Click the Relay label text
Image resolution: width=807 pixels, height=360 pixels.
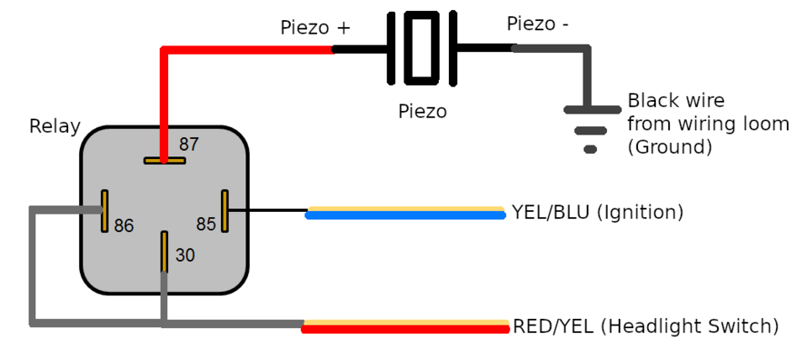55,127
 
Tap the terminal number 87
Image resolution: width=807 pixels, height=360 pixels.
189,145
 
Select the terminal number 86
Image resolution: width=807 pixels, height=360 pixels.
124,226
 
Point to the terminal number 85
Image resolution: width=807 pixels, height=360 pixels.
206,225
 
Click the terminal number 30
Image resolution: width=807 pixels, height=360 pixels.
185,255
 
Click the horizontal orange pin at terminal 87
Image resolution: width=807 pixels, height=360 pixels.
164,160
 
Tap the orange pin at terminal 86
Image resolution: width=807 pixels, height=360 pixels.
104,210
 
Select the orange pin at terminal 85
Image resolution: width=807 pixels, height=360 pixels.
224,210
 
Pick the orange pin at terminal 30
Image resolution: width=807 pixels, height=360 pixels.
164,251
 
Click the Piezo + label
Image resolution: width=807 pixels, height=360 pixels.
315,29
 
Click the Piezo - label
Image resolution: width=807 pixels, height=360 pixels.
538,24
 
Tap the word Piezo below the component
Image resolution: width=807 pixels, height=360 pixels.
422,111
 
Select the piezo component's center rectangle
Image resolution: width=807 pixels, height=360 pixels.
421,48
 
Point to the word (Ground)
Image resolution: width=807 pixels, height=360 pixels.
670,147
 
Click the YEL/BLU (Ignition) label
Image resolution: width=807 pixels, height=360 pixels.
598,212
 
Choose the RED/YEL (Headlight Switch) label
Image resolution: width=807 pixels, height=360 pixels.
646,326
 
